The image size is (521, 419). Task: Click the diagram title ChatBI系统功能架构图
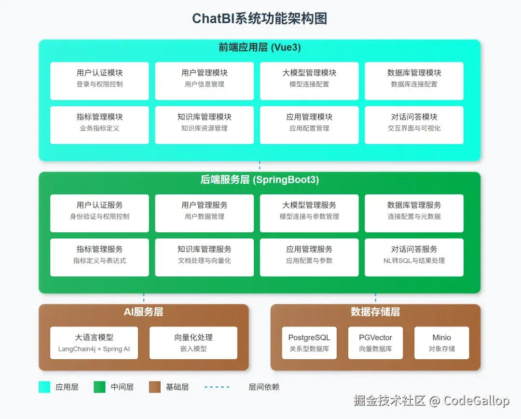click(260, 18)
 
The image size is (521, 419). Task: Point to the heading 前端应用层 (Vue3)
click(260, 48)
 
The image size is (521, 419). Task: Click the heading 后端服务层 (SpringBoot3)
click(260, 180)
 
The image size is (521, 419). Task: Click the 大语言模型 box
click(94, 343)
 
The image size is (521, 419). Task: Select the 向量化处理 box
click(193, 343)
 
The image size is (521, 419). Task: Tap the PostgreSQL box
click(309, 343)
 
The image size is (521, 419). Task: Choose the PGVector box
click(375, 343)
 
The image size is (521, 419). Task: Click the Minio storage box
click(441, 343)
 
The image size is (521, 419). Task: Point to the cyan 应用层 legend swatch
click(44, 387)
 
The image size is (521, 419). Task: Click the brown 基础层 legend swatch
click(155, 387)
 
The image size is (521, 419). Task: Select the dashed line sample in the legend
click(217, 387)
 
